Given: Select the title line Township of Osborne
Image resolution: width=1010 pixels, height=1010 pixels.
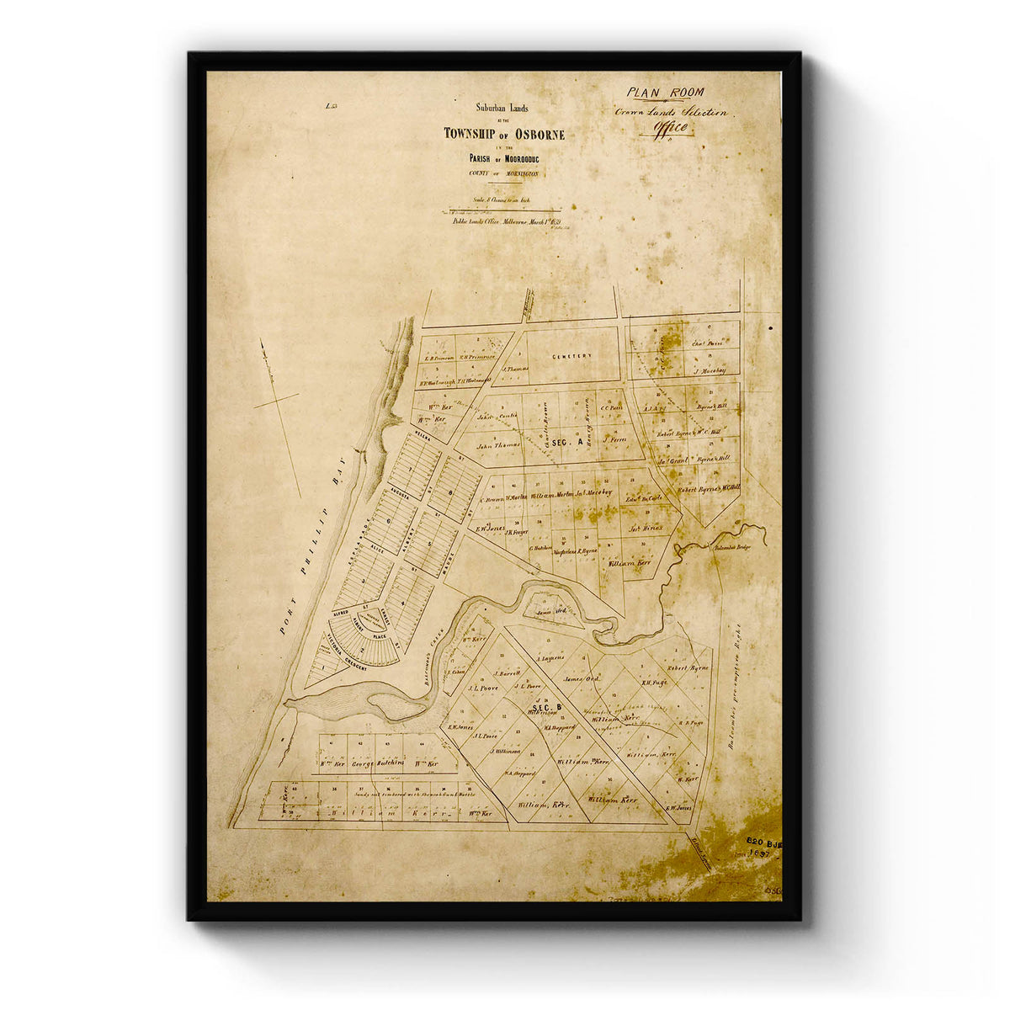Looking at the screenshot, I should point(504,135).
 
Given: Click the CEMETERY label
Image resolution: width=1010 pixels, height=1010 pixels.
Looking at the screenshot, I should point(572,356).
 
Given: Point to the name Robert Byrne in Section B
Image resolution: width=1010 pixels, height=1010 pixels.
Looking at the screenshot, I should point(688,667).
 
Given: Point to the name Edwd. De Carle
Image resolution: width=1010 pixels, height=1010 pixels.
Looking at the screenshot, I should point(646,498).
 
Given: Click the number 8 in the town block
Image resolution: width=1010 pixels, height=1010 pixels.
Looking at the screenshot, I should point(451,491).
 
